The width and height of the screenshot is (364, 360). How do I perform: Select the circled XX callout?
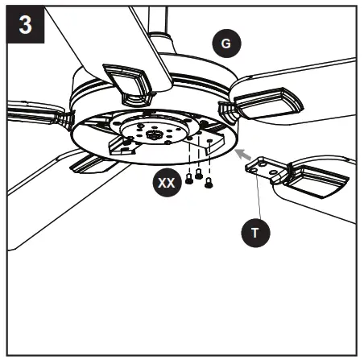[166, 183]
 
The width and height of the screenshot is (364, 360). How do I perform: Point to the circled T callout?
[256, 233]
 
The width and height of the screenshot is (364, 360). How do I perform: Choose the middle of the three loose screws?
[199, 175]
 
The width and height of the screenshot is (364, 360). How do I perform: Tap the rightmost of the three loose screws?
[209, 183]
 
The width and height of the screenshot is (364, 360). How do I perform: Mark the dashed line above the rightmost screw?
[209, 160]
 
